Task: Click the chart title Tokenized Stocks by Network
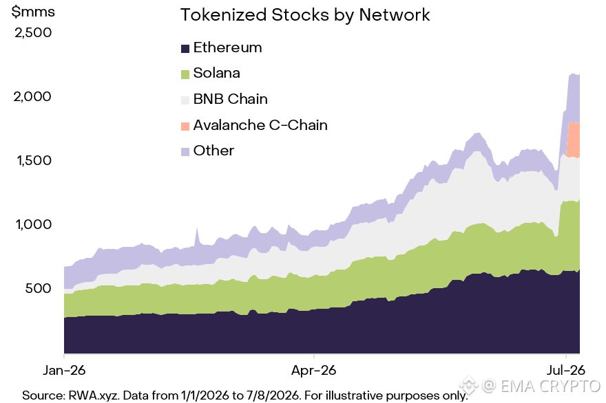click(x=305, y=15)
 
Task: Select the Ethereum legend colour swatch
click(x=185, y=49)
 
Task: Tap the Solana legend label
click(x=216, y=73)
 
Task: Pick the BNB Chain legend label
click(x=230, y=99)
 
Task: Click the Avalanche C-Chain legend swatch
click(x=185, y=127)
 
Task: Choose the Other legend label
click(x=213, y=151)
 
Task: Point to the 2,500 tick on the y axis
click(x=33, y=32)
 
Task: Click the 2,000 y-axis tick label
click(x=32, y=96)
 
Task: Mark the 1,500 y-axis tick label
click(x=34, y=160)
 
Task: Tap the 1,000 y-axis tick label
click(x=34, y=224)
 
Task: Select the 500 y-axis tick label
click(x=39, y=288)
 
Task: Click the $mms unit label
click(x=33, y=12)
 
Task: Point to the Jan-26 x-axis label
click(x=64, y=371)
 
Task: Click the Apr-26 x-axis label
click(x=313, y=371)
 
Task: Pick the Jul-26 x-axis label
click(x=566, y=371)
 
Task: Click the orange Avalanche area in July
click(x=573, y=140)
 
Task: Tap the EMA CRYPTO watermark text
click(x=550, y=386)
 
